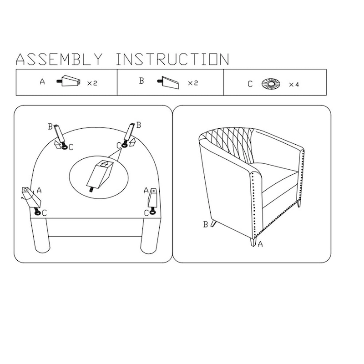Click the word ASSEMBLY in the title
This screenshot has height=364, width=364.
59,59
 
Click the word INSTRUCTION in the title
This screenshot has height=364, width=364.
172,59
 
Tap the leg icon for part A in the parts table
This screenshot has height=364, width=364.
69,81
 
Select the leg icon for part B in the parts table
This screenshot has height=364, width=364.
168,82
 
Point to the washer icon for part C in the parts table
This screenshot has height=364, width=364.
271,84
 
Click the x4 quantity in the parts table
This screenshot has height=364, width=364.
294,85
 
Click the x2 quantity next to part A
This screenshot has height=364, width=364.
92,83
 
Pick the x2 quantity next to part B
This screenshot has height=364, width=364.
193,83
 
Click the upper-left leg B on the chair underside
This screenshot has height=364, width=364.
60,135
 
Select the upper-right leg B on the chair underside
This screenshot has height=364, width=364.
129,134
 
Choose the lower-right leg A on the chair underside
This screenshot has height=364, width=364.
152,199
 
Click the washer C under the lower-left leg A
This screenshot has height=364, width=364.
38,213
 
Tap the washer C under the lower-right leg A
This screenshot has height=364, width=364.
152,212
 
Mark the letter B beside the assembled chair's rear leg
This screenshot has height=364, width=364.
206,224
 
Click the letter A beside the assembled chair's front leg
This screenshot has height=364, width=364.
260,244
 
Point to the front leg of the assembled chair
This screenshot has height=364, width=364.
253,241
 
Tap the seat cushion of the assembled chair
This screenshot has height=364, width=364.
276,177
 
